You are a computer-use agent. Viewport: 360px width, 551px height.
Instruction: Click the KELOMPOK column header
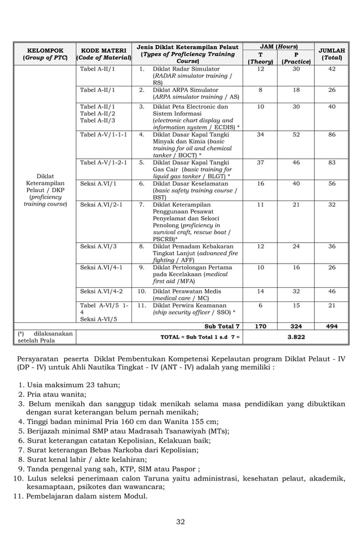(x=45, y=54)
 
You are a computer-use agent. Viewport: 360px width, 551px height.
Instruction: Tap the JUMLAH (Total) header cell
(x=332, y=54)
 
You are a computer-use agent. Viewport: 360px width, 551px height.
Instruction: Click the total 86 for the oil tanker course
(x=332, y=135)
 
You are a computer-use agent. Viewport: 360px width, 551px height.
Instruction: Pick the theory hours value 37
(x=260, y=163)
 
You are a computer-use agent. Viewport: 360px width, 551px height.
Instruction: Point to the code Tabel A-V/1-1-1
(x=103, y=135)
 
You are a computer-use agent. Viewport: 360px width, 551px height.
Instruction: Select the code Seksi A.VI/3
(x=99, y=246)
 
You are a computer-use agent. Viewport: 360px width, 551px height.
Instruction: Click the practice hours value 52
(x=296, y=135)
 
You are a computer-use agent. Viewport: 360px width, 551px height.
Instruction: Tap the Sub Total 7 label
(x=222, y=326)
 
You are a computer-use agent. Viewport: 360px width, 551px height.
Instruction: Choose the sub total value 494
(x=332, y=326)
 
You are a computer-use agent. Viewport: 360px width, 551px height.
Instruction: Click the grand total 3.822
(x=296, y=336)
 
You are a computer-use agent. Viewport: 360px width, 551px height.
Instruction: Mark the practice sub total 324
(x=296, y=326)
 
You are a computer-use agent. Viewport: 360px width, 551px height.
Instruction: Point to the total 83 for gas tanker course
(x=332, y=163)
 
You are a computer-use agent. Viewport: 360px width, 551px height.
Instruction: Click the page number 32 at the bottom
(x=180, y=522)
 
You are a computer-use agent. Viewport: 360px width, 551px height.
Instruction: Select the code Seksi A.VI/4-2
(x=102, y=291)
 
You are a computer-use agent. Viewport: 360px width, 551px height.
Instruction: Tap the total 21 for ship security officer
(x=332, y=305)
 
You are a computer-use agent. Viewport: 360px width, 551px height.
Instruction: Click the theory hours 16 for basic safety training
(x=260, y=183)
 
